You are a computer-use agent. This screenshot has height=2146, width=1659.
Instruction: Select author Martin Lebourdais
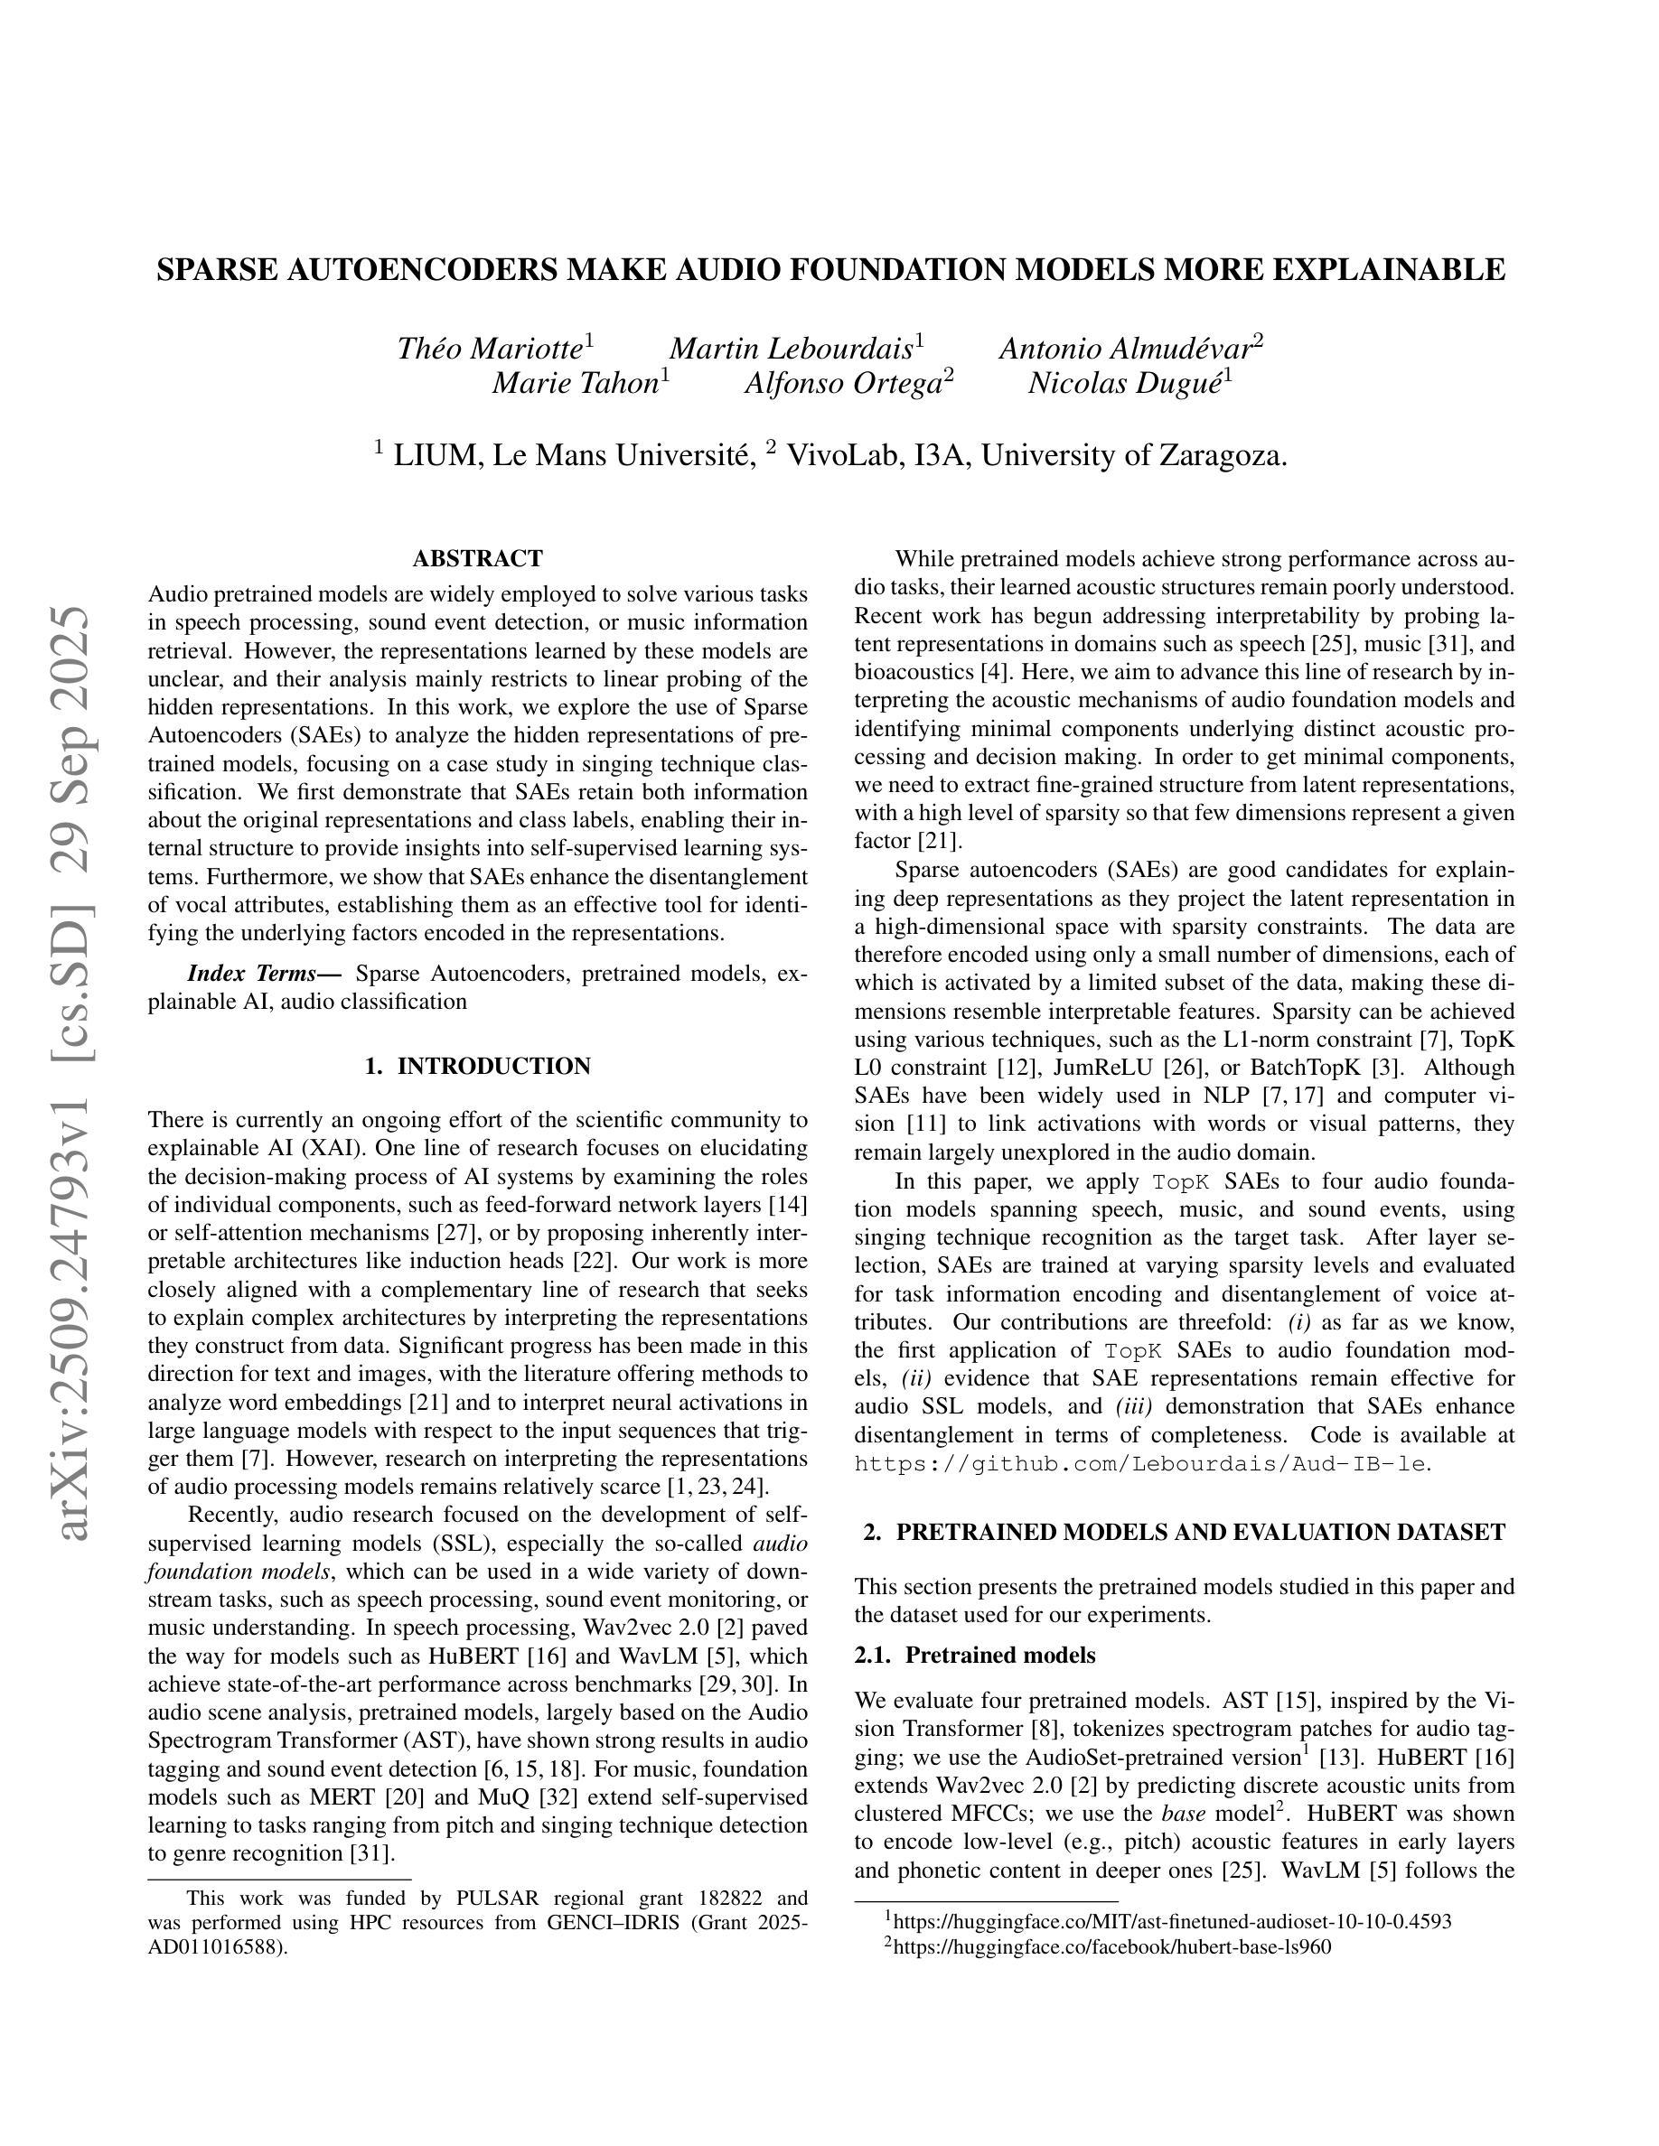pyautogui.click(x=792, y=349)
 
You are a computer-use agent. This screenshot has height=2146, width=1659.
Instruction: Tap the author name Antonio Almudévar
pyautogui.click(x=1124, y=349)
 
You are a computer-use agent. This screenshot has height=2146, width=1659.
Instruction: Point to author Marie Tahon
pyautogui.click(x=575, y=383)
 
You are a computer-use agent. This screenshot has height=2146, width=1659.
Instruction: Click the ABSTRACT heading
pyautogui.click(x=478, y=559)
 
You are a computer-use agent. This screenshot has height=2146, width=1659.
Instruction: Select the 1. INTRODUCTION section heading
pyautogui.click(x=478, y=1066)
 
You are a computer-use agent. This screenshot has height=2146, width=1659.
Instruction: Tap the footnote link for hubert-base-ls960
pyautogui.click(x=1111, y=1946)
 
